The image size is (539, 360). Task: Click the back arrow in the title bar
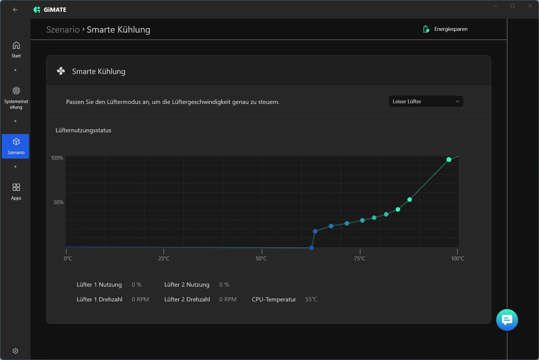point(15,10)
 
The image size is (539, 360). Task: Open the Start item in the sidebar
point(16,50)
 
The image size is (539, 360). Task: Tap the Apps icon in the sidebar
point(16,191)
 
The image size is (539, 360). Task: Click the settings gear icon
point(15,351)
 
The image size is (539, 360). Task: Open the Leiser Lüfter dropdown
point(425,101)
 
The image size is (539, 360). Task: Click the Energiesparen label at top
point(450,29)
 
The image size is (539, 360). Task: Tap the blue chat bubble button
point(507,320)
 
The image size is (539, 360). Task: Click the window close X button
point(530,6)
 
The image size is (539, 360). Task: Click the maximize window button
point(512,6)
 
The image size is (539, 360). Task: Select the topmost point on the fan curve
point(449,159)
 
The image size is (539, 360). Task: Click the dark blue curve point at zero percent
point(311,248)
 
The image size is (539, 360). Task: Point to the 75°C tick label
point(360,259)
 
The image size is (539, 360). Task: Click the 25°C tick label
point(164,259)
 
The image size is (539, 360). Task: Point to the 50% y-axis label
point(58,202)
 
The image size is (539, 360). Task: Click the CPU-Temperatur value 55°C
point(311,299)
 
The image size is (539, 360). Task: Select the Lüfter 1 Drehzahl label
point(99,299)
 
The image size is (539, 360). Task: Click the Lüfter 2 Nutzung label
point(187,284)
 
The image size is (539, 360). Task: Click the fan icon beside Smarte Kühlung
point(61,71)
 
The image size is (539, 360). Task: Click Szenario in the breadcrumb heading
point(63,30)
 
